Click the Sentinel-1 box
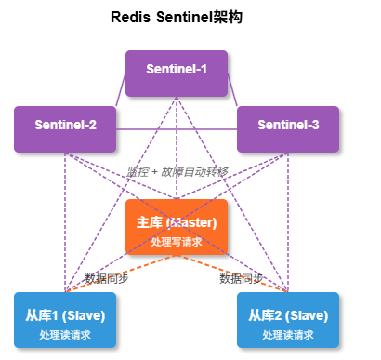point(177,73)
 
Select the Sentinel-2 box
point(65,128)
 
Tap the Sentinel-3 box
point(288,128)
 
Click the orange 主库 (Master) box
point(177,226)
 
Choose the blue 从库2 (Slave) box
point(288,319)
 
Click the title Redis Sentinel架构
point(177,17)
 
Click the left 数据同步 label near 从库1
point(107,277)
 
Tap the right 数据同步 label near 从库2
point(242,277)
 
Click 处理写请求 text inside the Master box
point(177,241)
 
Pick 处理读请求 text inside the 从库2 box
point(288,334)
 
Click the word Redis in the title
point(128,17)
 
